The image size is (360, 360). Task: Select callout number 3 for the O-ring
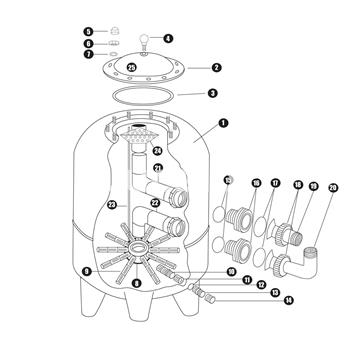212,93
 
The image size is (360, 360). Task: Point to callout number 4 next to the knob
168,39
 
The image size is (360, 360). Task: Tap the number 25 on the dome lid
160,67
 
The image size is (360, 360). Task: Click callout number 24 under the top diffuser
156,150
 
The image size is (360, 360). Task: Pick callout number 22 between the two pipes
155,203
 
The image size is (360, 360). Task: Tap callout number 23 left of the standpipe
111,205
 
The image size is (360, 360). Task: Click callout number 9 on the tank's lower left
89,270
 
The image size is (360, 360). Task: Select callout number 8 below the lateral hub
136,284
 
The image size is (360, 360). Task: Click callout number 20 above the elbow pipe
333,185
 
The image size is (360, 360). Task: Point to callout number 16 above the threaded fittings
256,184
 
